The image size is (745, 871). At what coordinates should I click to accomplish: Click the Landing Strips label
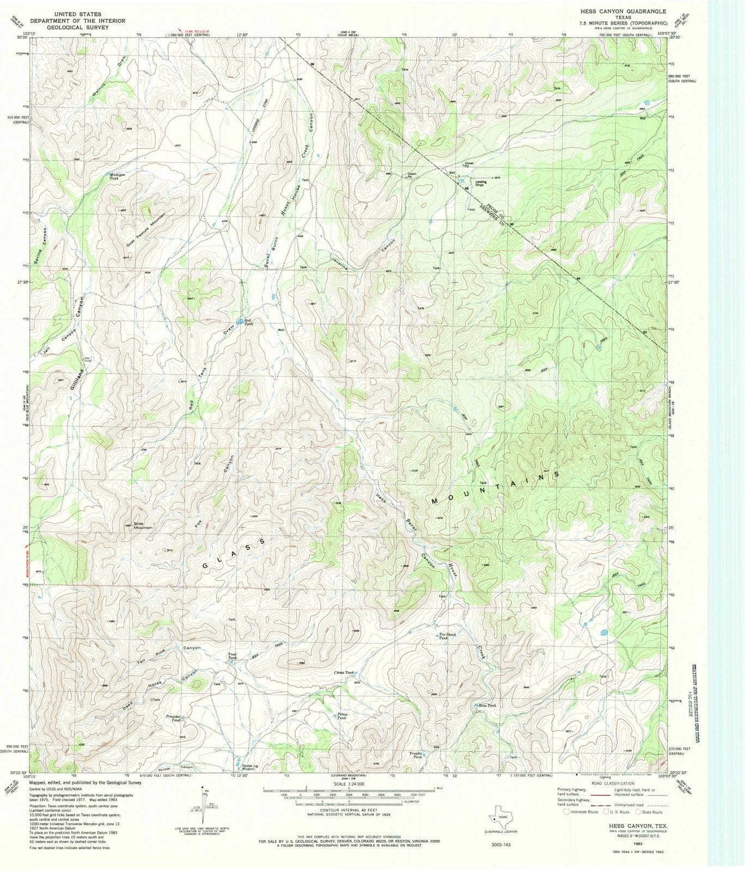coord(480,183)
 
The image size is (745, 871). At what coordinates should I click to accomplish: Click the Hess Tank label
coord(487,706)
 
